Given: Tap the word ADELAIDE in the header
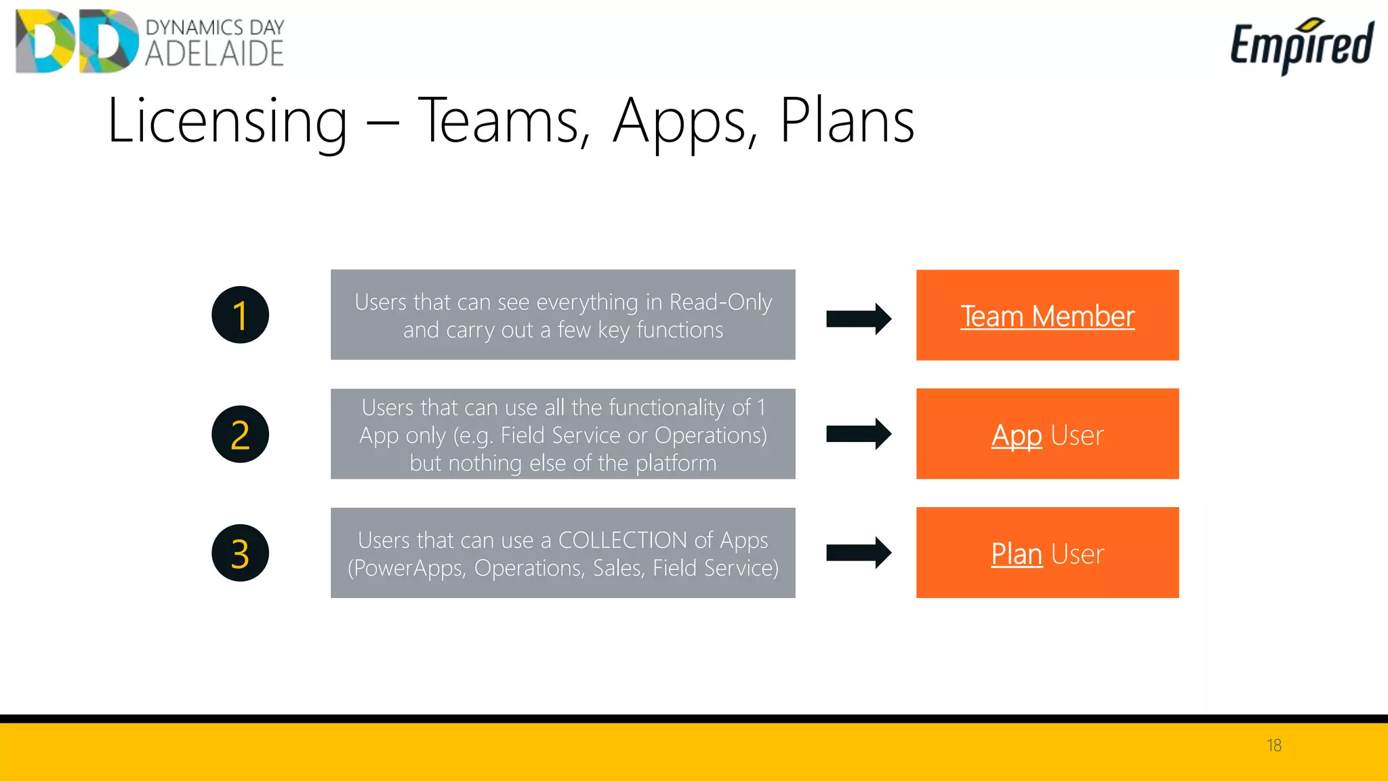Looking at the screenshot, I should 214,54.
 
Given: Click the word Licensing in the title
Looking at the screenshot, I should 227,121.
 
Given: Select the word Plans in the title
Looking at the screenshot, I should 847,121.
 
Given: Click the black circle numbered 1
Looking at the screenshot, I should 240,315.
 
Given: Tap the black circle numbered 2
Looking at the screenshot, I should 240,434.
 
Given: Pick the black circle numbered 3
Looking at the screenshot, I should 240,553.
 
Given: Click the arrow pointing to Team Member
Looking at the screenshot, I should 858,319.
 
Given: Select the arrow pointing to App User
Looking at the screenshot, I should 858,434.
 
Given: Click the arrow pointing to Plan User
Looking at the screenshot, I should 858,553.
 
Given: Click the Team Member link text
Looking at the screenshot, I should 1047,316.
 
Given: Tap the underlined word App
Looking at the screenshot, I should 1016,435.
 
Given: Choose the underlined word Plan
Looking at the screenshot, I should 1016,554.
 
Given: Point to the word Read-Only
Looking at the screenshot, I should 720,302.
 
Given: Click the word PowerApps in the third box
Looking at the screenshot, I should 407,568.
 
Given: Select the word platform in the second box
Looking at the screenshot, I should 676,463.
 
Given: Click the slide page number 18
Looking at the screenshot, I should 1273,745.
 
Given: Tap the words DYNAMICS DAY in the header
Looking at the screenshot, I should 215,27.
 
